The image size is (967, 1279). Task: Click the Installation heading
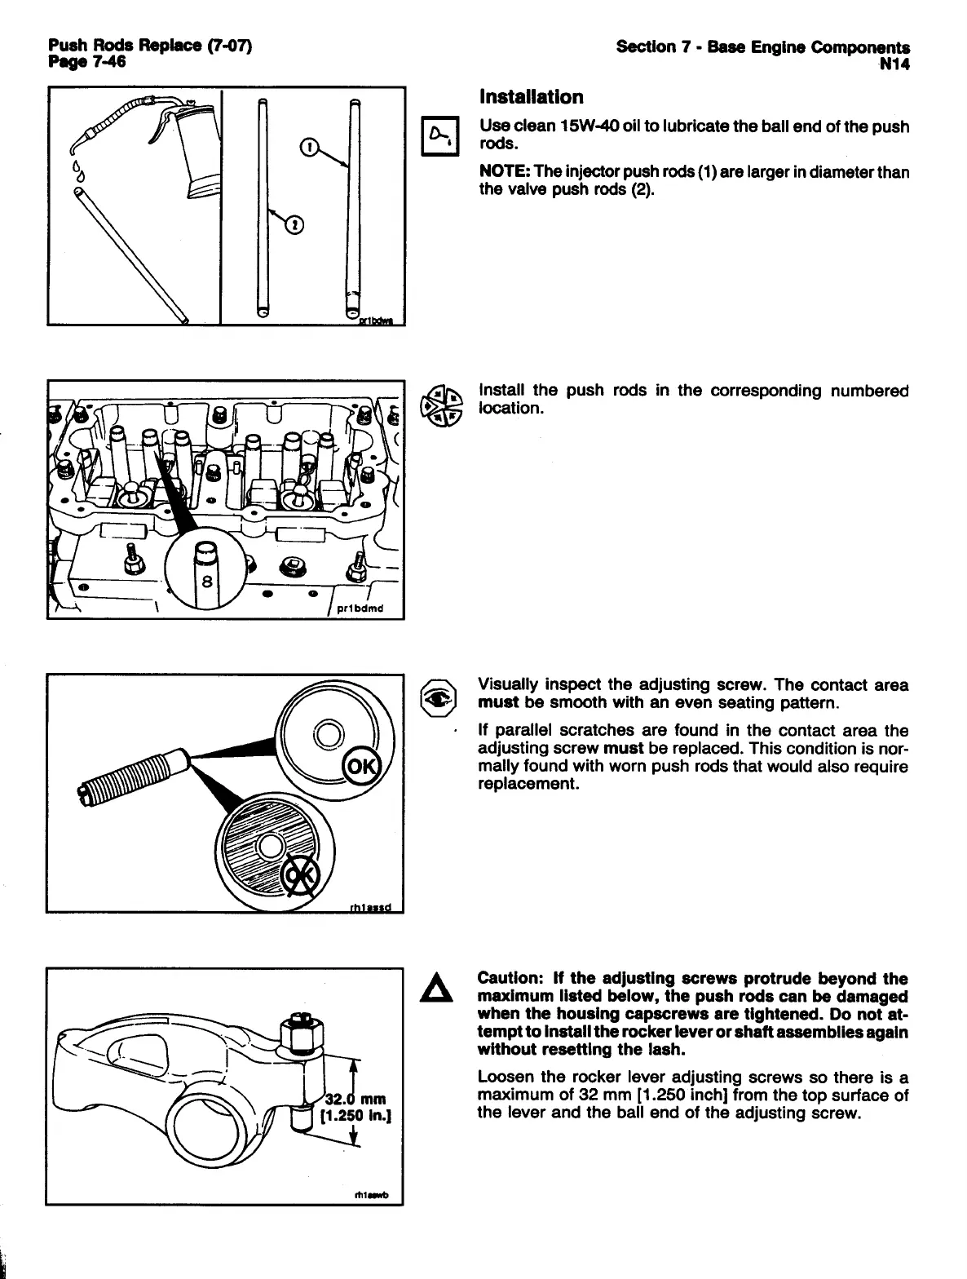click(x=531, y=98)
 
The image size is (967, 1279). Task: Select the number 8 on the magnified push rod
click(x=206, y=582)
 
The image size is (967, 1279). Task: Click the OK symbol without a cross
click(x=360, y=767)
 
